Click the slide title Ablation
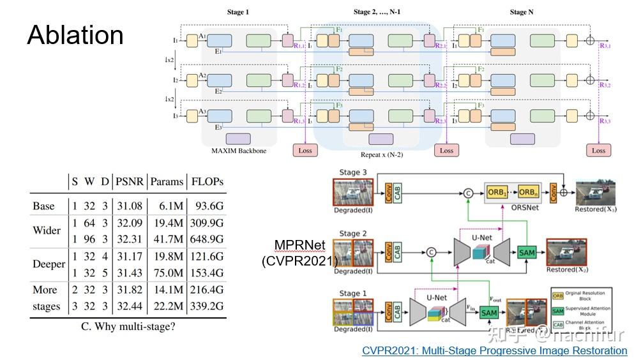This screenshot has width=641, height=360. [75, 35]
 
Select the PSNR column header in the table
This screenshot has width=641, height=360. [130, 181]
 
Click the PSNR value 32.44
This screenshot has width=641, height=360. [130, 306]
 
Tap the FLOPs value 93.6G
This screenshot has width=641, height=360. [207, 206]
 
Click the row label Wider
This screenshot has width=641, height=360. [47, 230]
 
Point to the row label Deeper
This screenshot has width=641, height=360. [49, 264]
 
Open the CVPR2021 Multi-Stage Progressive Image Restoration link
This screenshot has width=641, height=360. [494, 350]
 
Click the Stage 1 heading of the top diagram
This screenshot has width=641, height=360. [239, 12]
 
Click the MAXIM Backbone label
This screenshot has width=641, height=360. [239, 151]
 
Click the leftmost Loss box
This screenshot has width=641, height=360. [305, 150]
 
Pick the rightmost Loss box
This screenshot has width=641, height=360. [598, 150]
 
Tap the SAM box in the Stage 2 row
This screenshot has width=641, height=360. [527, 253]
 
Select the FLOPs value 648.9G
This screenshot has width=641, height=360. [207, 239]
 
